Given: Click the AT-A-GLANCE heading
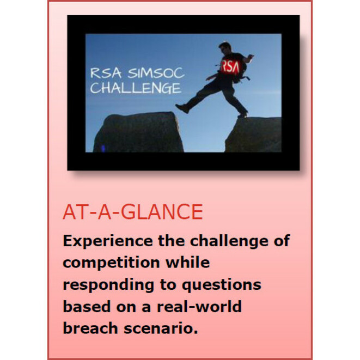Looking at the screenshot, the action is pos(133,212).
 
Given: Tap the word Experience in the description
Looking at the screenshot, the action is pos(108,241).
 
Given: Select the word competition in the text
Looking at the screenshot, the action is pos(111,263).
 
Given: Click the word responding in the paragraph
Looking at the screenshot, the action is pos(108,285).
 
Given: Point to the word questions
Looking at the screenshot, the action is pos(222,285).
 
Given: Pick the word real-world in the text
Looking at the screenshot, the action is pos(199,306).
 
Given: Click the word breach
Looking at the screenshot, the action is pos(90,328).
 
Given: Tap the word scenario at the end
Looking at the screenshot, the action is pos(161,328).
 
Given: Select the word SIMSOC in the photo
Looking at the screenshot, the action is pos(156,73).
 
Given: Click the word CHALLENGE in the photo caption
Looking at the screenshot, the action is pos(136,88).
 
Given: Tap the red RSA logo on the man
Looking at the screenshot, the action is pos(230,66).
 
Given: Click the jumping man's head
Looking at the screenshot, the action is pos(225,47).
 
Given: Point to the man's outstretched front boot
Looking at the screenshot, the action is pos(183,108).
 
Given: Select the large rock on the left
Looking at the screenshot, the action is pos(138,132).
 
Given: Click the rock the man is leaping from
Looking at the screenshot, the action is pos(253,135).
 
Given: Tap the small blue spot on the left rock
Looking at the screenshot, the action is pos(103,148).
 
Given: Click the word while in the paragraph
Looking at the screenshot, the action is pos(187,263).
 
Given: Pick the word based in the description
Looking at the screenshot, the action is pos(87,306).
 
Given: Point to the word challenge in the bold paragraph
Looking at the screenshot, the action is pos(229,241).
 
